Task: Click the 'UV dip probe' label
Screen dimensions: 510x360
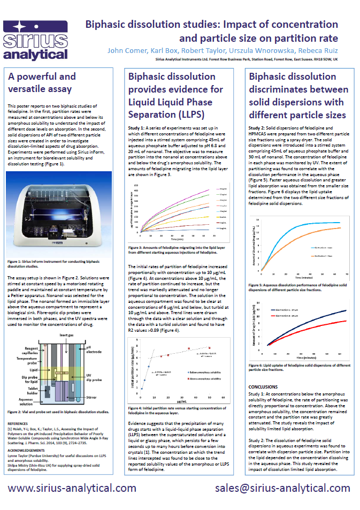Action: click(x=94, y=379)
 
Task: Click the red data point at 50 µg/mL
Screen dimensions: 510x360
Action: click(x=210, y=349)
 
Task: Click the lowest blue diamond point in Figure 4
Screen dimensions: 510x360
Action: click(x=142, y=388)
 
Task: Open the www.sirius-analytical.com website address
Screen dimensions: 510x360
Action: click(x=72, y=488)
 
